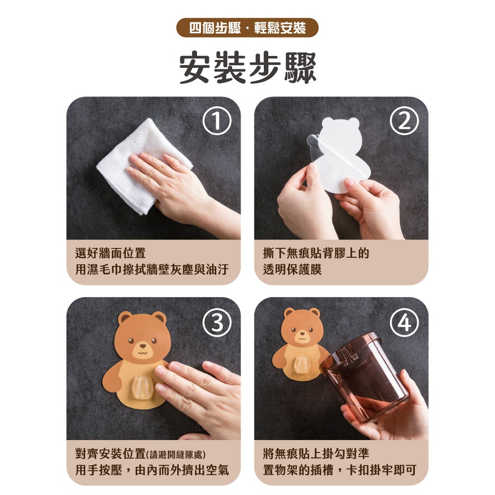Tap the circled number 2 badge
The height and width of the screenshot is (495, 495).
[x=404, y=122]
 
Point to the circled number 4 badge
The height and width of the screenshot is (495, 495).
[x=404, y=323]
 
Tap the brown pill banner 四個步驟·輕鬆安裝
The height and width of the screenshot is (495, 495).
[x=247, y=28]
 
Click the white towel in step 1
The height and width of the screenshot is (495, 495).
[x=139, y=158]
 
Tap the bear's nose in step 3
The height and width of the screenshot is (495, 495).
[x=141, y=347]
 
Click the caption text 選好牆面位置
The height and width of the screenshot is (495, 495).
[x=110, y=253]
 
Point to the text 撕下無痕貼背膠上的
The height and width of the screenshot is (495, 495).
[x=316, y=253]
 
